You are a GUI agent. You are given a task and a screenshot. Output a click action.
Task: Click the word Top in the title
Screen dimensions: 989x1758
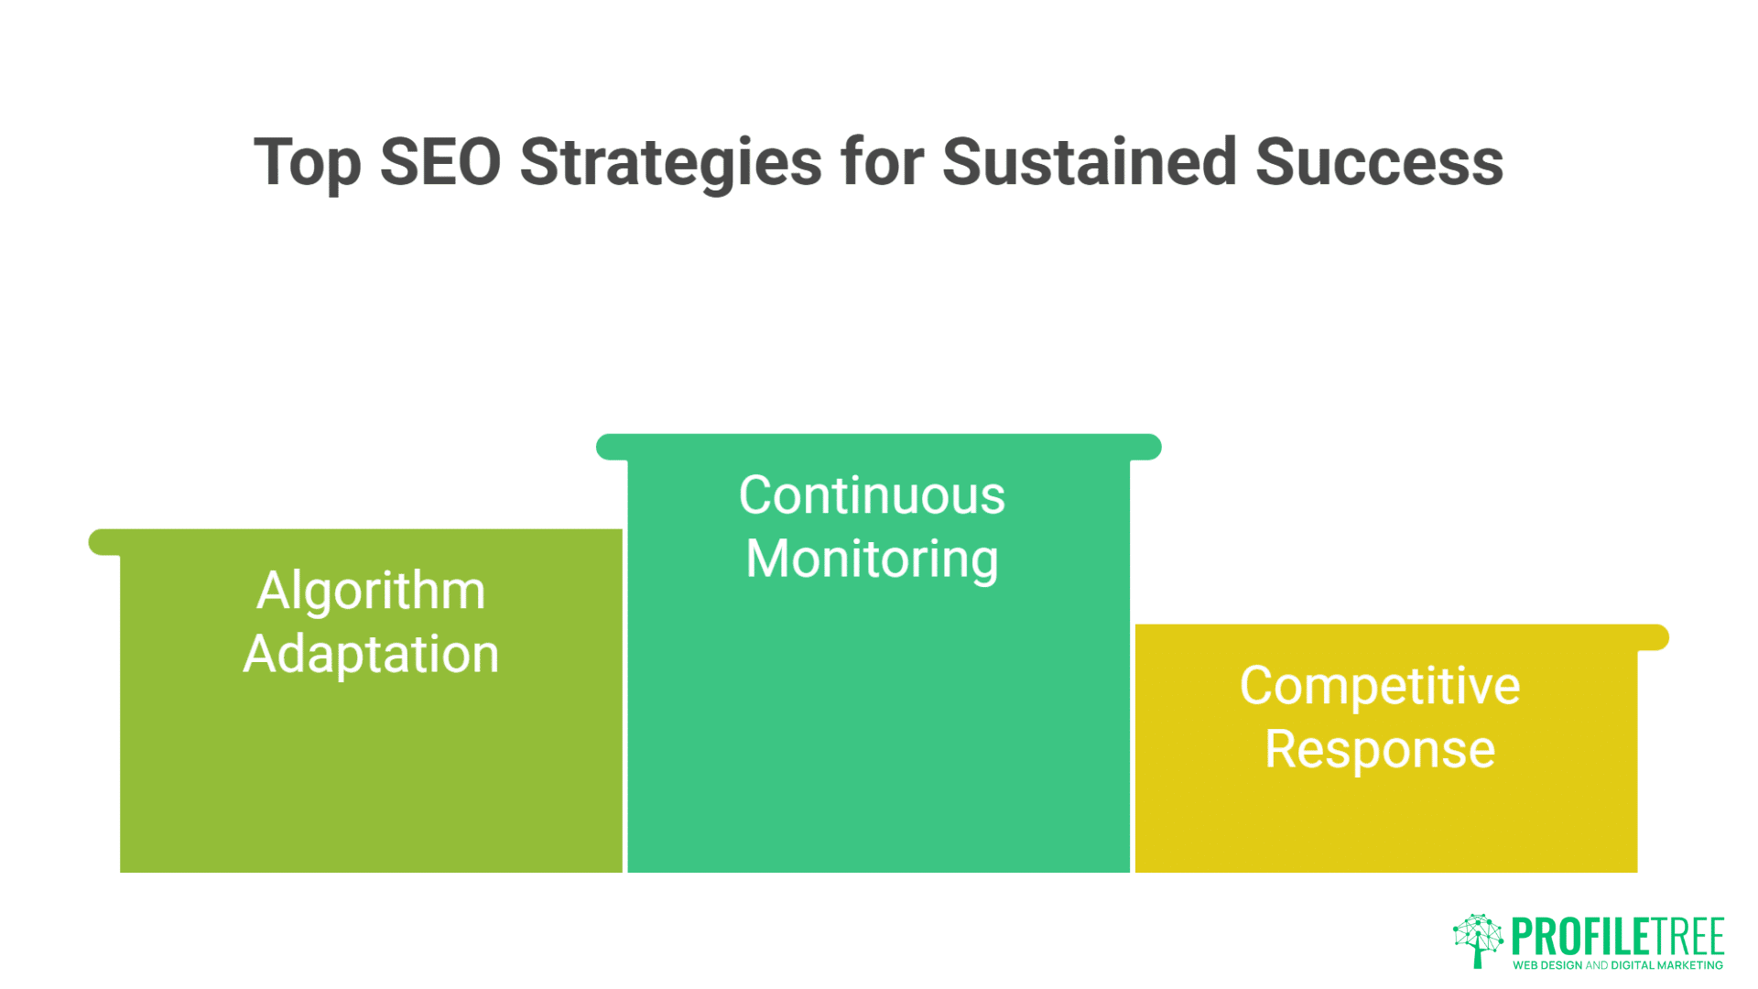pos(307,163)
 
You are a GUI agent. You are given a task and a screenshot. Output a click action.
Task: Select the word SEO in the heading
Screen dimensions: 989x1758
pos(439,163)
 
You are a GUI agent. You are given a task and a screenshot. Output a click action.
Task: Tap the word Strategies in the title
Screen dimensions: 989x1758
pos(670,163)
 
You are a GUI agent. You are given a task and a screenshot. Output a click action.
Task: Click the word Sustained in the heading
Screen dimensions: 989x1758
pos(1089,163)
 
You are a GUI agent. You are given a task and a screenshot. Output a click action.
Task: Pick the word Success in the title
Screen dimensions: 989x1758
pos(1379,163)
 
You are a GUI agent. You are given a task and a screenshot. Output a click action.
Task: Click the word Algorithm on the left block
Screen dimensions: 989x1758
pos(371,591)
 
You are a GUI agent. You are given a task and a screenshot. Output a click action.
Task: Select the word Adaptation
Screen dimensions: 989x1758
pos(371,654)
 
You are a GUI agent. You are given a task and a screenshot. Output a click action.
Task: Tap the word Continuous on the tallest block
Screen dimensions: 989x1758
pos(872,495)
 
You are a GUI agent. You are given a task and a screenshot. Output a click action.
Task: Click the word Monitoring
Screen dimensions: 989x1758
pos(872,560)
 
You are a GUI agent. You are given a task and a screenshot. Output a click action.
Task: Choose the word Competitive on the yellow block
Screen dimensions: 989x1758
pos(1380,686)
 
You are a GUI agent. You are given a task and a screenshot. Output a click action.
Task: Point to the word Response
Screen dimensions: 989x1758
pos(1380,749)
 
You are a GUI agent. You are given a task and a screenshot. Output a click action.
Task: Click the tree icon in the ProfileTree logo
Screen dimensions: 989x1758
pos(1478,940)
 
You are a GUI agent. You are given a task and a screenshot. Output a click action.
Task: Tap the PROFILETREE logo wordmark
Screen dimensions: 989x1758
pos(1618,937)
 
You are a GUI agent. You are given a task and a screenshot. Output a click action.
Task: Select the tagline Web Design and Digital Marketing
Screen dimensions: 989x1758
pos(1618,965)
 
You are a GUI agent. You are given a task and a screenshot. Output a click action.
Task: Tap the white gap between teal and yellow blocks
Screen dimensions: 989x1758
pos(1133,751)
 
